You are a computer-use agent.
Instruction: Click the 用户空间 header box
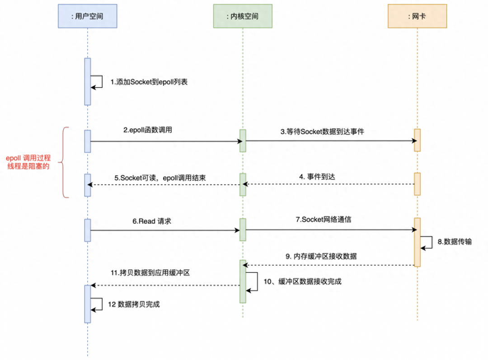coord(87,16)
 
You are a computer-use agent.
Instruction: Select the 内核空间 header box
coord(243,16)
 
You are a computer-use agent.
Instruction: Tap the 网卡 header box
coord(417,16)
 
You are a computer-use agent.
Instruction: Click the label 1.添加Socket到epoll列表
coord(149,82)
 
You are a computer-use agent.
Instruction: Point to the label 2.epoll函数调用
coord(148,130)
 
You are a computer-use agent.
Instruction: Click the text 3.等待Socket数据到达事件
coord(322,132)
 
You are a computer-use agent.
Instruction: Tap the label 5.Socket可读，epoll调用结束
coord(160,178)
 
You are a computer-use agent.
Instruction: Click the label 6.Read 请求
coord(152,221)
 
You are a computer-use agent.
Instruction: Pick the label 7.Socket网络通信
coord(324,220)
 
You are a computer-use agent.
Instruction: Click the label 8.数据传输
coord(454,242)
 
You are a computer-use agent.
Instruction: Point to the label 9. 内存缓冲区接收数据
coord(321,256)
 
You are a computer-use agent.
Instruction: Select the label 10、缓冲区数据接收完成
coord(302,281)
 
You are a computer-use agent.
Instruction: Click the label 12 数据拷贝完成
coord(134,304)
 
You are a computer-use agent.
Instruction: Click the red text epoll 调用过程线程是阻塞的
coord(28,162)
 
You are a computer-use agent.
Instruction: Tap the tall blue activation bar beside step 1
coord(87,81)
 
